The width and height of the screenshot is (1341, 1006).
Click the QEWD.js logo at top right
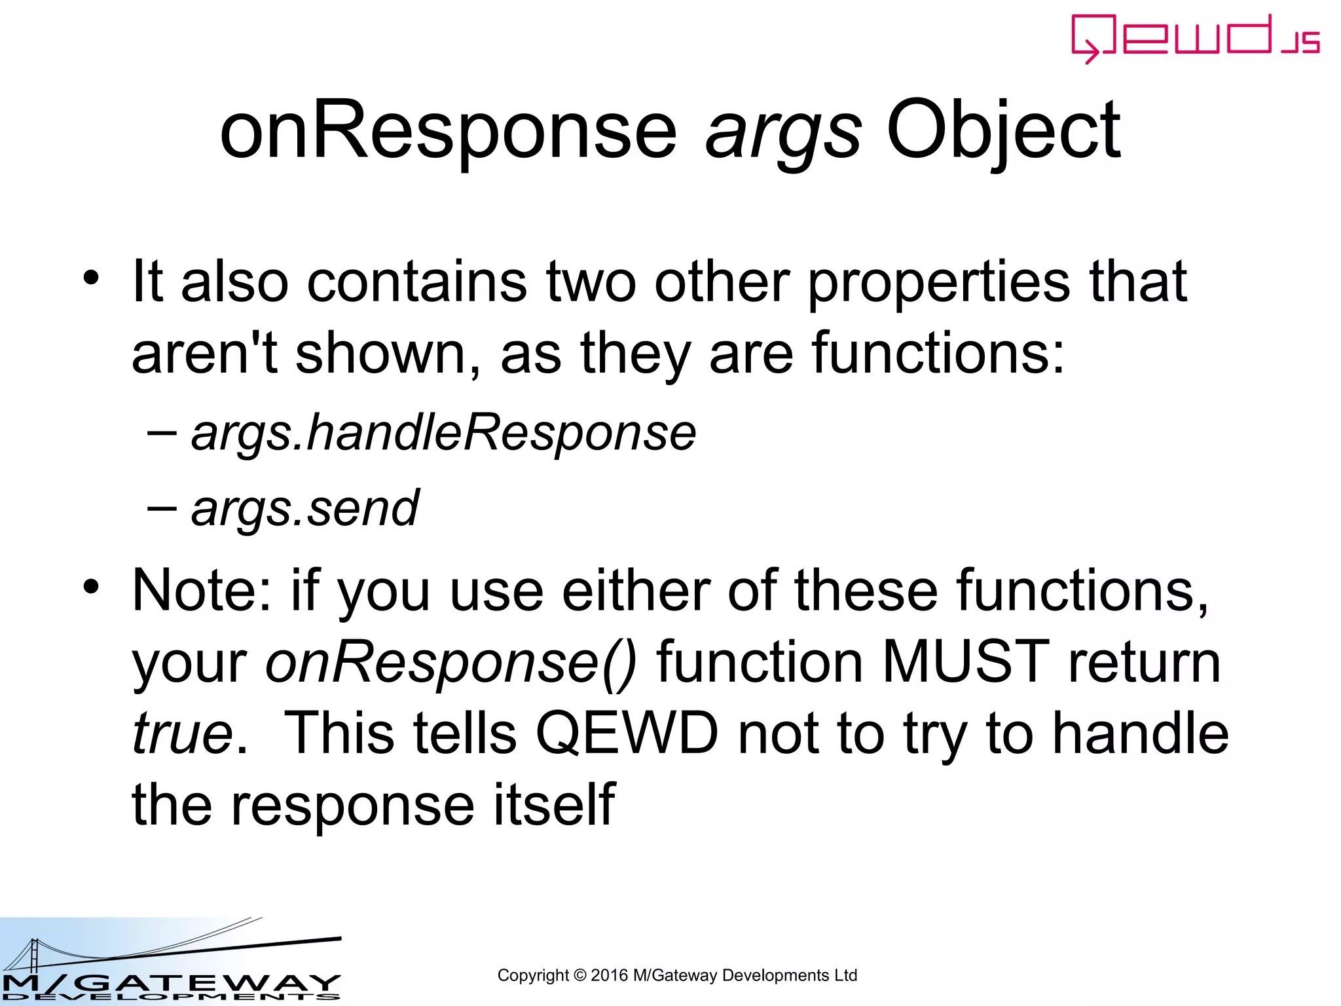tap(1195, 38)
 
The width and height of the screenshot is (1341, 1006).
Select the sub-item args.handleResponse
tap(443, 434)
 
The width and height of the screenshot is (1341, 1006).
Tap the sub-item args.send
tap(304, 509)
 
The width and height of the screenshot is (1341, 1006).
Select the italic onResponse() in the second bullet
tap(450, 663)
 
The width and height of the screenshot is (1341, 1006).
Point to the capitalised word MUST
tap(965, 662)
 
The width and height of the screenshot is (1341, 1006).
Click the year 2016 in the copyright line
tap(608, 975)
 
